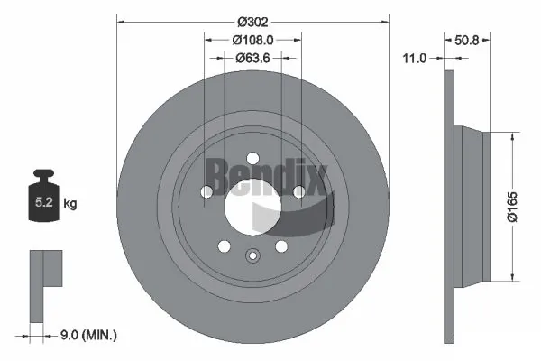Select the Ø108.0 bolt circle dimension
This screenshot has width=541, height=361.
click(252, 40)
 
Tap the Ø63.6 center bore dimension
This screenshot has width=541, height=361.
click(252, 58)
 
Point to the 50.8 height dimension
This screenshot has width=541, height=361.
click(467, 40)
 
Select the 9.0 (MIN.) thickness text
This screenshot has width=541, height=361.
click(87, 335)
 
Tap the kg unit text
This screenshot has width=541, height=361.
click(70, 204)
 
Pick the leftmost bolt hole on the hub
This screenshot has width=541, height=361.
click(206, 191)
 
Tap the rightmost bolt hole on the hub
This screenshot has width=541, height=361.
click(298, 190)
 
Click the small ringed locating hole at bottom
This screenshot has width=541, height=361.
click(252, 255)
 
